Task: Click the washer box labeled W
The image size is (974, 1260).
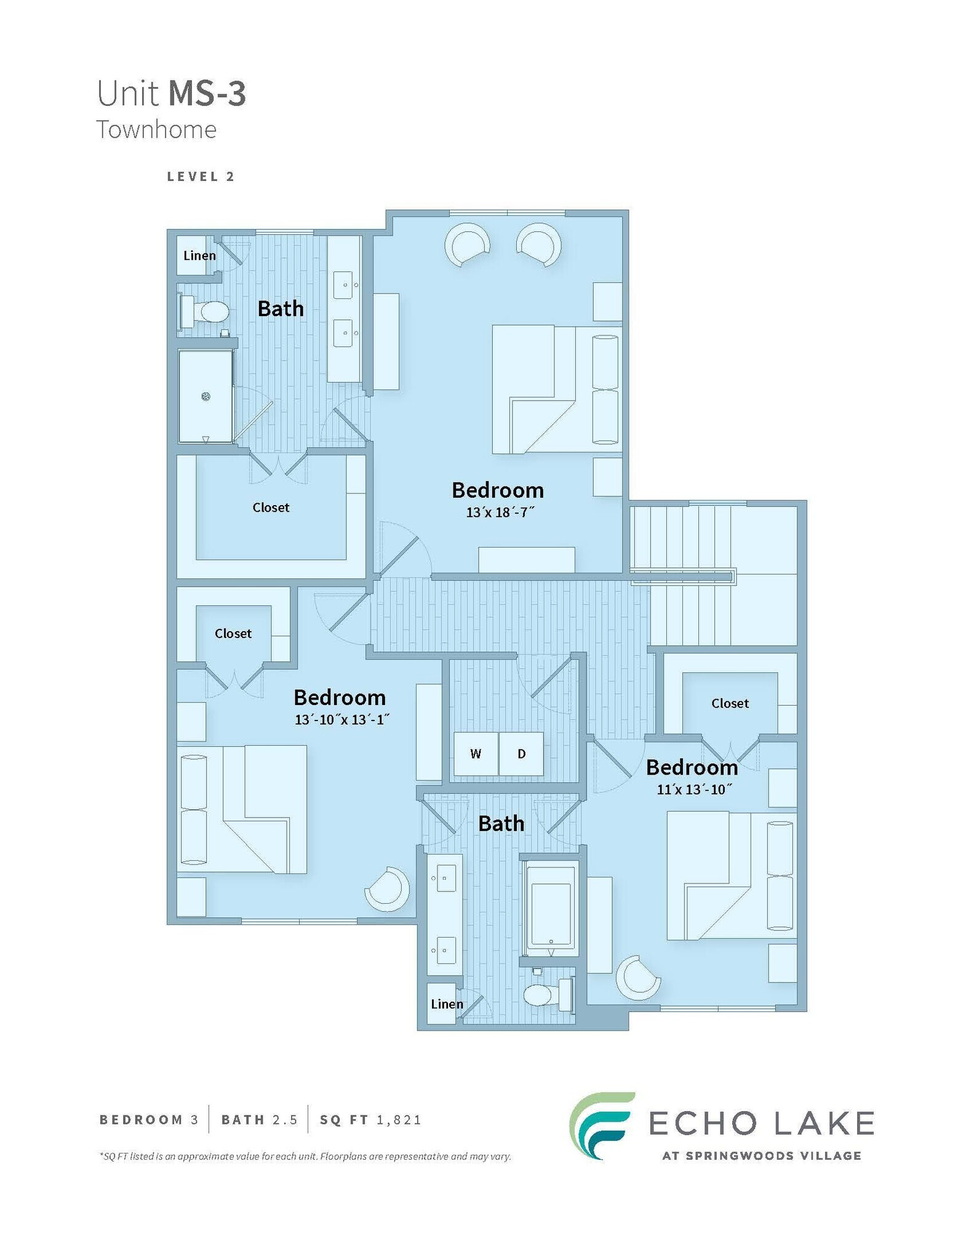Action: tap(476, 754)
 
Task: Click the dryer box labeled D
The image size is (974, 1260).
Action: tap(521, 754)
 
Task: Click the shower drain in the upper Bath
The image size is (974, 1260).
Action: tap(206, 397)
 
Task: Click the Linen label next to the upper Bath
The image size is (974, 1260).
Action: tap(199, 255)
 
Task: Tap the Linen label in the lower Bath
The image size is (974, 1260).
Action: tap(447, 1004)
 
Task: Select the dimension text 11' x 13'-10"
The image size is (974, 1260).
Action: tap(693, 789)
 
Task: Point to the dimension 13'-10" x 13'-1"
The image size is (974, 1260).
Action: tap(341, 719)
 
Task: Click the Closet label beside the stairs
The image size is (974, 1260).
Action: tap(730, 703)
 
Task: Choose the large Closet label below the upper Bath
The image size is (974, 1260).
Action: tap(271, 508)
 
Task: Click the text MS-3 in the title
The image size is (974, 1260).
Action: tap(207, 94)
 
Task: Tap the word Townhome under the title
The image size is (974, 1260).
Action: tap(156, 130)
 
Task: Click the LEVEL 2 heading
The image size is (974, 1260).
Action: tap(201, 177)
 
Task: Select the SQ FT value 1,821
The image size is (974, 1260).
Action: tap(399, 1120)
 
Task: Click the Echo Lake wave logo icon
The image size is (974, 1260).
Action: tap(600, 1126)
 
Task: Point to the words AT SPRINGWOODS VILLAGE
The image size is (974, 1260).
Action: tap(761, 1156)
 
